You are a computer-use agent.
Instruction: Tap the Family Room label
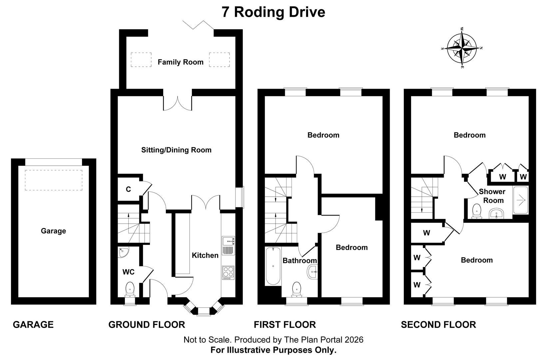(180, 62)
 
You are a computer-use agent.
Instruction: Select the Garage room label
(53, 231)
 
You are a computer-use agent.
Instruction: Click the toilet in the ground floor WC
(130, 289)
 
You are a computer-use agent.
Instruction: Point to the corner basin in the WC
(123, 252)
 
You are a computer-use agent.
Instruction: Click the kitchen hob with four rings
(228, 273)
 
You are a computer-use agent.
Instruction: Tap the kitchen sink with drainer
(228, 245)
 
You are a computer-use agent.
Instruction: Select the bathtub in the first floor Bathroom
(273, 266)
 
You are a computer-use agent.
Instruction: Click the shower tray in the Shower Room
(520, 200)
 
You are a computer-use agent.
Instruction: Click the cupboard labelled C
(128, 189)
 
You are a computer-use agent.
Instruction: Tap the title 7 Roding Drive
(273, 12)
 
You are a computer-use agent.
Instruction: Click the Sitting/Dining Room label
(176, 150)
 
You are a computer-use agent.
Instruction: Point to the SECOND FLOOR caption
(438, 324)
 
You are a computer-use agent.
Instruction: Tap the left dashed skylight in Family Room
(141, 60)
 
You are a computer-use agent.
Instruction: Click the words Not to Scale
(207, 340)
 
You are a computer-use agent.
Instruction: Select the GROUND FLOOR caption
(147, 324)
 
